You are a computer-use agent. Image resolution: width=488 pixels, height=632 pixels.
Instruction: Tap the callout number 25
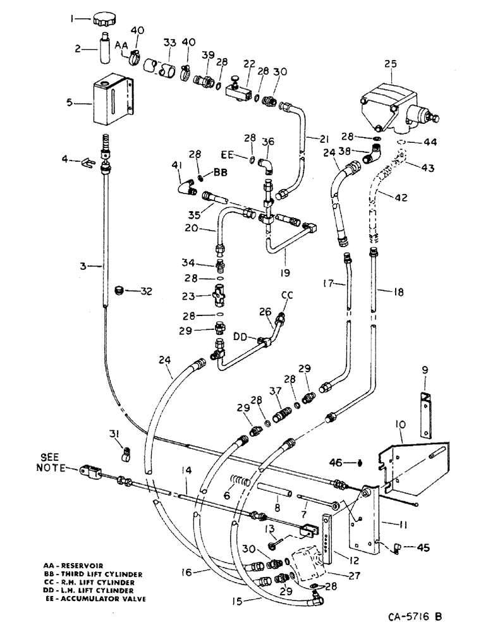coord(391,63)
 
